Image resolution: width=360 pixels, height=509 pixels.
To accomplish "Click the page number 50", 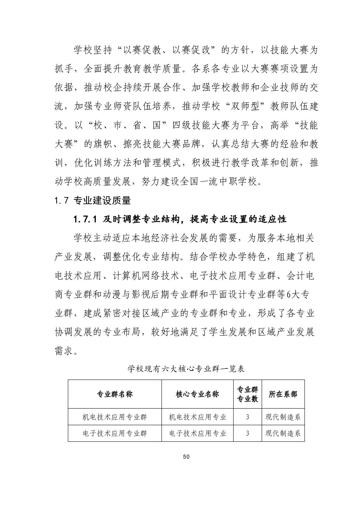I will [x=186, y=457].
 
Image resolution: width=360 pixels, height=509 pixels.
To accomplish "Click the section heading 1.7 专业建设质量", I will [x=92, y=200].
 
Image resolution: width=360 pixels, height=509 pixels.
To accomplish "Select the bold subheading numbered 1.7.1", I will [x=180, y=219].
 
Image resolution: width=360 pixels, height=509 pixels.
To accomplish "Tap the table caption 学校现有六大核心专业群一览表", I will [x=186, y=369].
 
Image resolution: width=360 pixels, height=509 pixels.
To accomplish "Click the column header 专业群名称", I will [x=115, y=394].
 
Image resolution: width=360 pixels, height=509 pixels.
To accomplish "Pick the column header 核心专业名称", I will [x=197, y=394].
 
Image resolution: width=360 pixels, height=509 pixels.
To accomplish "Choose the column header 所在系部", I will [x=283, y=394].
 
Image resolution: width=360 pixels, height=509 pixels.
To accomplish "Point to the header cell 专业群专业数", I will [x=247, y=394].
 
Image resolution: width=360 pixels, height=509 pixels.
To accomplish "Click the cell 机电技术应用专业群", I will [x=115, y=417].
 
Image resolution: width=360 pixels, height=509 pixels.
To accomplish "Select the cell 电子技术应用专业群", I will [x=115, y=433].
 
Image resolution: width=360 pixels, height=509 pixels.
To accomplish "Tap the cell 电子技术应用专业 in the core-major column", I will [x=197, y=433].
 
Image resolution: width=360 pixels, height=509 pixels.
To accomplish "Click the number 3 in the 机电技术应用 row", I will [x=247, y=417].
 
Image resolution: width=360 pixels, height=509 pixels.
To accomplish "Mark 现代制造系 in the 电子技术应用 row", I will [x=283, y=433].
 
